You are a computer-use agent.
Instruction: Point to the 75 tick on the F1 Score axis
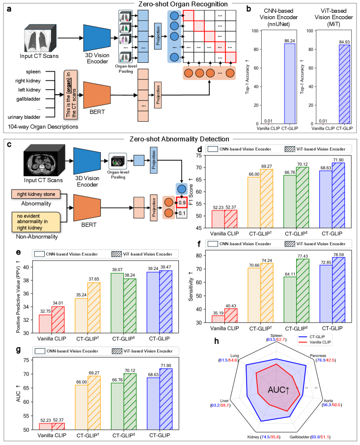tap(197, 156)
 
